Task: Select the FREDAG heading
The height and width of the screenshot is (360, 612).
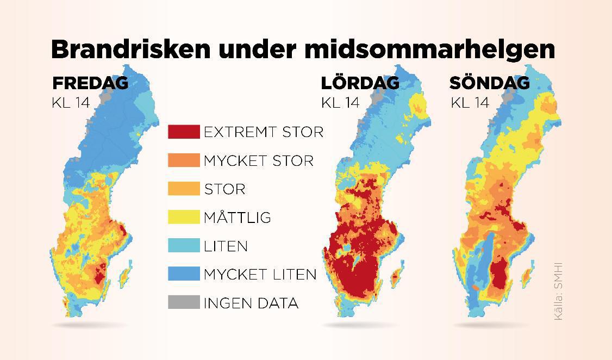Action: click(90, 83)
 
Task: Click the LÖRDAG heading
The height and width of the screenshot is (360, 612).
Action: click(360, 83)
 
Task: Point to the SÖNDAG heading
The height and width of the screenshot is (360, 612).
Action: click(489, 83)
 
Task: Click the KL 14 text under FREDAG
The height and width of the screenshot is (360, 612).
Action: click(70, 102)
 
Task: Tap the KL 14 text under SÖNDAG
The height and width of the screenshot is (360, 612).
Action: click(470, 102)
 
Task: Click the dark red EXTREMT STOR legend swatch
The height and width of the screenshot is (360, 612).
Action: click(184, 132)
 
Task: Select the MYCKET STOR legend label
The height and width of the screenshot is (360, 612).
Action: click(258, 161)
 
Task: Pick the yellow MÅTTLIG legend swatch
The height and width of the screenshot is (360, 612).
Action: click(184, 218)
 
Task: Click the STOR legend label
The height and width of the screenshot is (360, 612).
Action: click(224, 189)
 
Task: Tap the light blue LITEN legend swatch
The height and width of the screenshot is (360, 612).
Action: click(184, 246)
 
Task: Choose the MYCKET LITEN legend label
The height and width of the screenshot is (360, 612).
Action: click(260, 274)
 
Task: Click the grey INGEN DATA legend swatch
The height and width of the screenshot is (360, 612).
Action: click(184, 302)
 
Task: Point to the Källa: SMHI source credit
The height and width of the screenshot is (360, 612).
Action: click(558, 291)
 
